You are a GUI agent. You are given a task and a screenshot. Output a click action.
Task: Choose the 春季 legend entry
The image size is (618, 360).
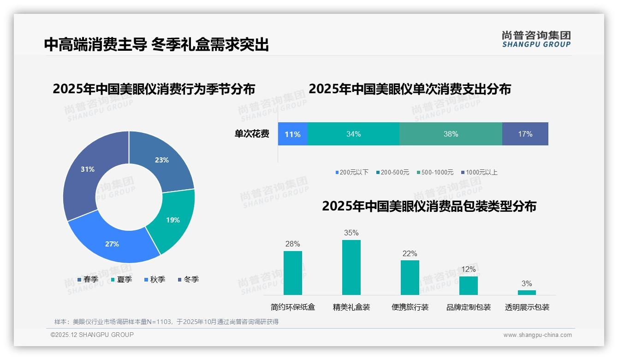click(x=88, y=280)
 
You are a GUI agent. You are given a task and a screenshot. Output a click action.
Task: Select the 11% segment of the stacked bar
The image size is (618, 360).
click(x=292, y=134)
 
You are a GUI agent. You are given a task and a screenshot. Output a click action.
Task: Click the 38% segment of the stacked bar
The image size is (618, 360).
click(x=451, y=134)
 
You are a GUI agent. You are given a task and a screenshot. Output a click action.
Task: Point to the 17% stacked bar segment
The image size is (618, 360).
click(x=525, y=134)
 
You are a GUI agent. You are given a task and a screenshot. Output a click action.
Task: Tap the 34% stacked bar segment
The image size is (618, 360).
click(x=353, y=134)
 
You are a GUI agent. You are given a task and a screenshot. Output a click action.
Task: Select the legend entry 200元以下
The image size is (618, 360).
click(x=352, y=173)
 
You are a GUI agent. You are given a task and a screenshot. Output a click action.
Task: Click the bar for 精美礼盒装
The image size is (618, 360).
click(x=351, y=267)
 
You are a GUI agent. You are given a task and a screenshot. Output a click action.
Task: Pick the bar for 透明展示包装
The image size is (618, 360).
click(x=527, y=293)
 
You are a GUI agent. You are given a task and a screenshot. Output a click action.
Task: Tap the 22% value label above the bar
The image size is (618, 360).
click(x=410, y=254)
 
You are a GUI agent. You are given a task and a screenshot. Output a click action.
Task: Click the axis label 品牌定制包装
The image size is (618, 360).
click(x=468, y=307)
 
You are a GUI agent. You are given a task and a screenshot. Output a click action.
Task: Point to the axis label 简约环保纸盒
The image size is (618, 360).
click(x=293, y=307)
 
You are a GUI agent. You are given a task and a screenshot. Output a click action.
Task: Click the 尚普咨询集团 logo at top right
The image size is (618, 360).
click(x=536, y=39)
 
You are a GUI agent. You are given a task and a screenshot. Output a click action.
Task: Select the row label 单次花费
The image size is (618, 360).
click(x=252, y=134)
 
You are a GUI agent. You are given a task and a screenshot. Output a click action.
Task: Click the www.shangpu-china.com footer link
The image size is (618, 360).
click(x=537, y=335)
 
